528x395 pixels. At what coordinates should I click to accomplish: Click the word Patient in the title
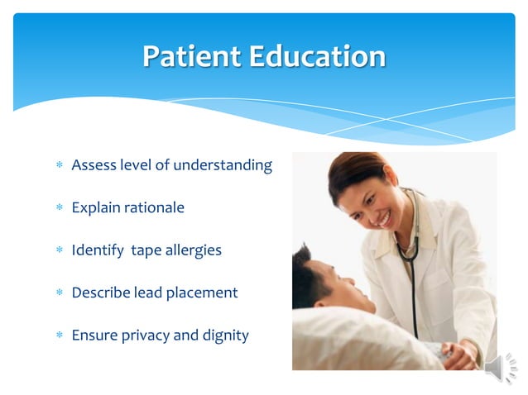pos(184,56)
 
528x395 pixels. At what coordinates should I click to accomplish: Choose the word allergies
pos(191,250)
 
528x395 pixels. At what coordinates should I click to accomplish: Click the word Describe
pos(100,293)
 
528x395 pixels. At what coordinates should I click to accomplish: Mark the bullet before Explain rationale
pos(59,208)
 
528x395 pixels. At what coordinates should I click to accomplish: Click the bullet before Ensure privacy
pos(59,336)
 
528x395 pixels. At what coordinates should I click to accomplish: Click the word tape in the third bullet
pos(146,250)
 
